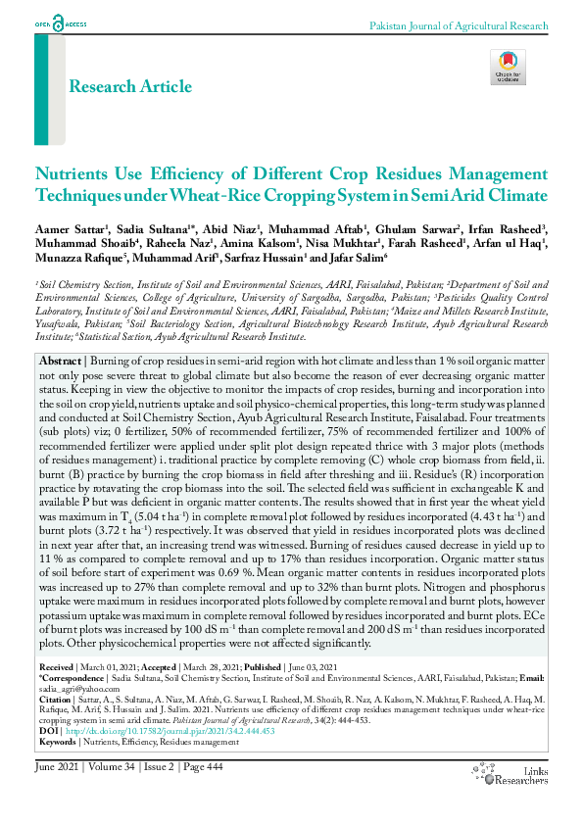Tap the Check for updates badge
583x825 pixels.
(x=508, y=67)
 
